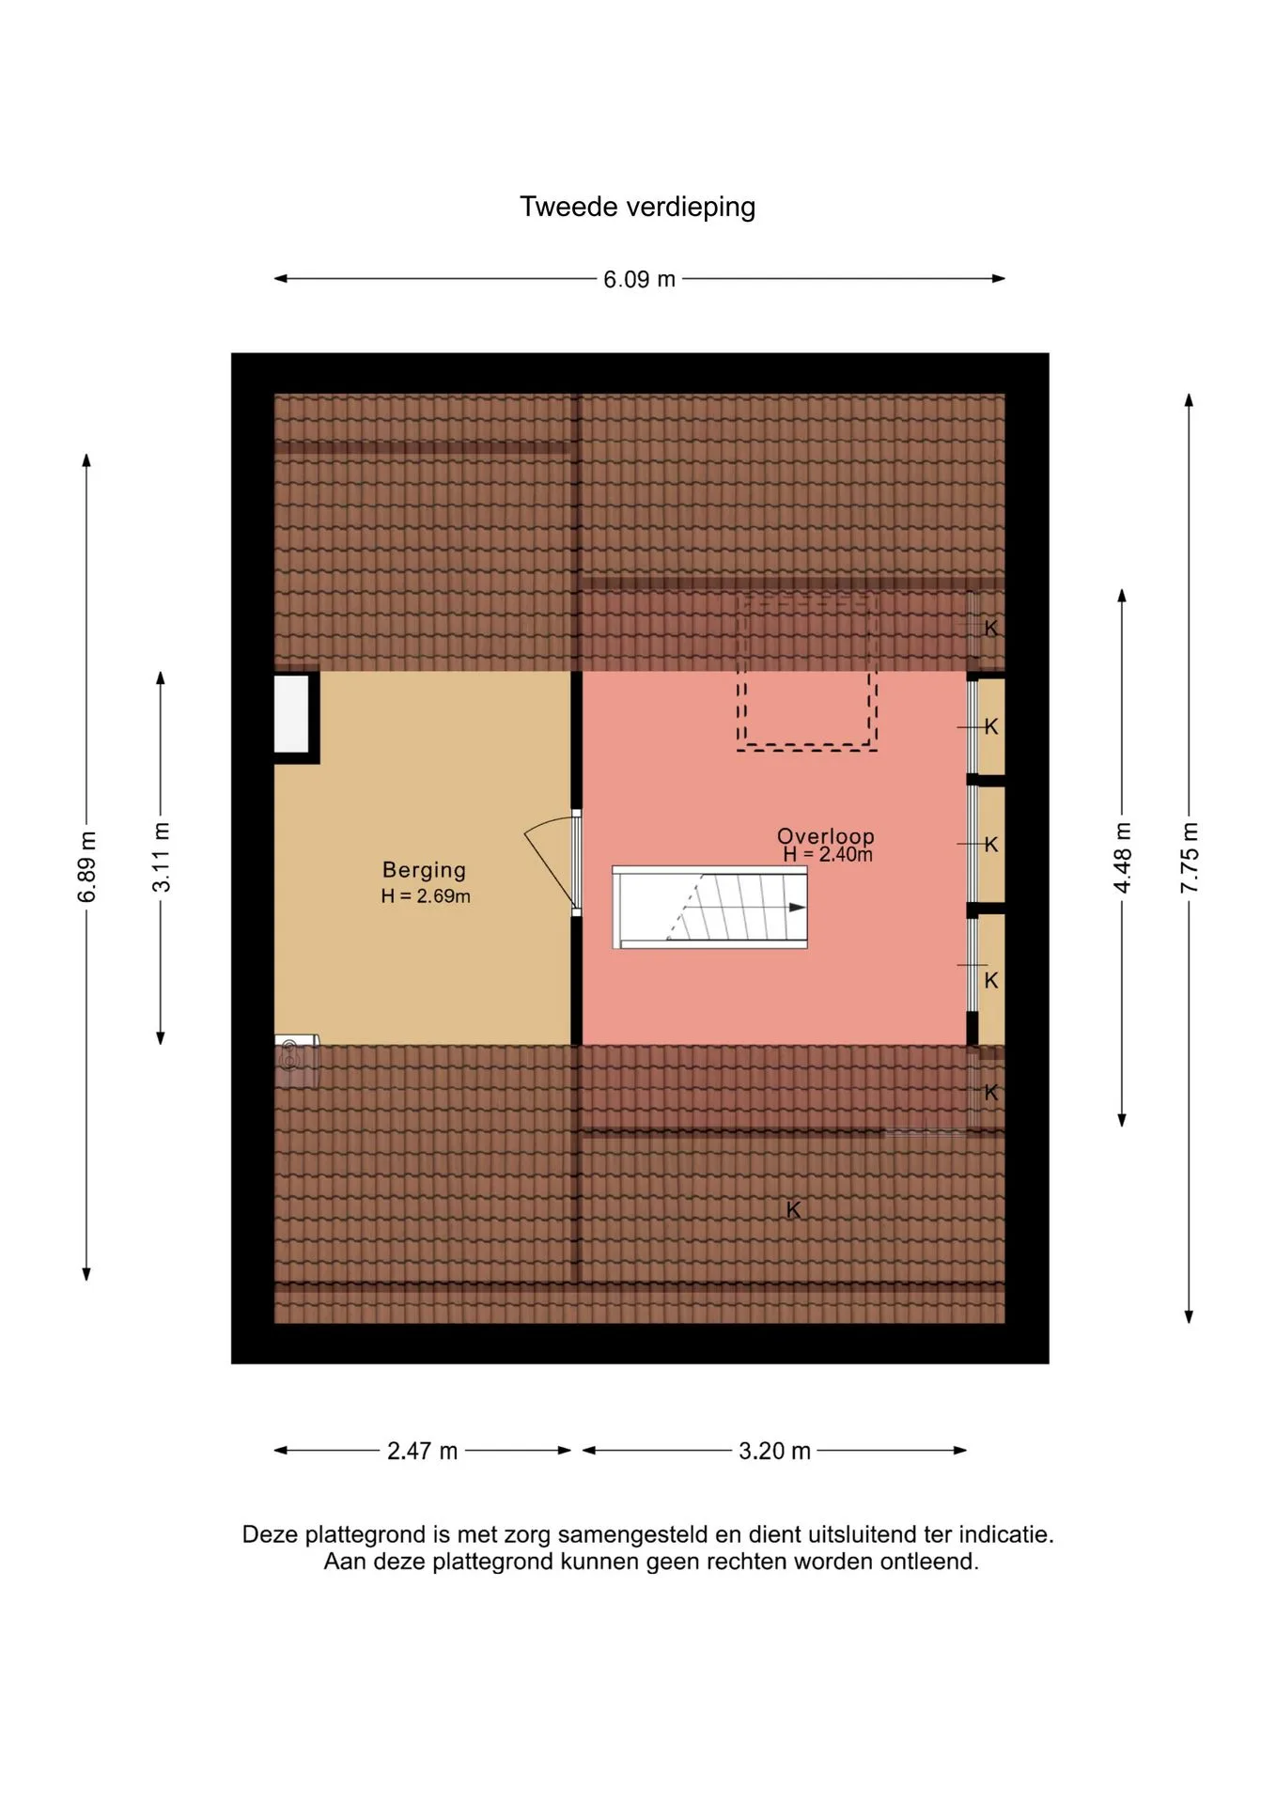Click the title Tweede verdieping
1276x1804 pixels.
point(637,207)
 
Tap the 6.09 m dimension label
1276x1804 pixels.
point(639,279)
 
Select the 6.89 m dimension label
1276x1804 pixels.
point(86,866)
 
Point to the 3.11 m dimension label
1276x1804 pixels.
point(161,857)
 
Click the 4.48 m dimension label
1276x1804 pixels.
point(1122,857)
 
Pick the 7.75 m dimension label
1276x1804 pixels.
point(1190,857)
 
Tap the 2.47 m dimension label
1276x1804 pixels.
point(422,1451)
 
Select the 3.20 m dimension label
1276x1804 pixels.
point(774,1451)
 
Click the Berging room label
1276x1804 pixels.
point(424,870)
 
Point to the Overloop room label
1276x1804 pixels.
point(826,835)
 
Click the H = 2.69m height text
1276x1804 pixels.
point(426,896)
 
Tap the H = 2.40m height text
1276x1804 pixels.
point(828,854)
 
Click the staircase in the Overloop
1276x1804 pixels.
point(709,907)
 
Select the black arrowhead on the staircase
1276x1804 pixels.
point(798,907)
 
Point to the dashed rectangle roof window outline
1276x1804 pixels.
point(807,671)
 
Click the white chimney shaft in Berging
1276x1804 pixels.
point(291,713)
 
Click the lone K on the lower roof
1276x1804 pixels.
point(794,1210)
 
